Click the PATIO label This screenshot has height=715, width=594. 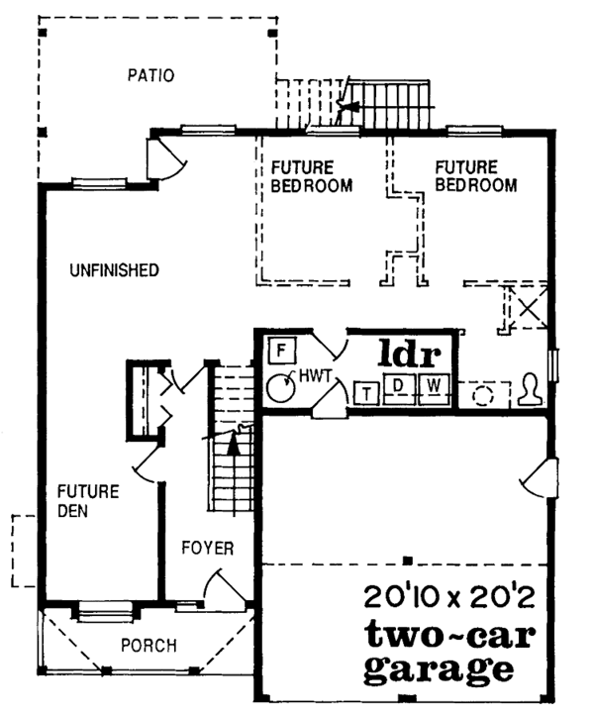click(x=150, y=75)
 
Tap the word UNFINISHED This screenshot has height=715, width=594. click(x=115, y=270)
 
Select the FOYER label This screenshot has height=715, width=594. click(x=208, y=548)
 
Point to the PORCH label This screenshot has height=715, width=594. click(x=149, y=646)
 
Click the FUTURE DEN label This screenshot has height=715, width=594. click(x=88, y=501)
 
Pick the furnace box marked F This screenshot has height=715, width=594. click(x=281, y=351)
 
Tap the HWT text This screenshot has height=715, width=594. click(x=315, y=376)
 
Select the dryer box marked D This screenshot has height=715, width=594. click(x=399, y=388)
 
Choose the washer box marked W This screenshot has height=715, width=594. click(x=434, y=389)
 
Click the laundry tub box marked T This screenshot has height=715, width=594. click(x=367, y=392)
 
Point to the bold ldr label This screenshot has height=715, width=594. click(x=410, y=353)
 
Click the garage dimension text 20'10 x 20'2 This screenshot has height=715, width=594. click(x=449, y=597)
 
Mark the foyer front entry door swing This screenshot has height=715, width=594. click(x=225, y=587)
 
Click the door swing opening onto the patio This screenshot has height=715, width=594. click(x=167, y=158)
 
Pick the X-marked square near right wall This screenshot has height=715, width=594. click(x=529, y=306)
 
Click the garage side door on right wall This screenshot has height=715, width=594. click(x=540, y=478)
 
